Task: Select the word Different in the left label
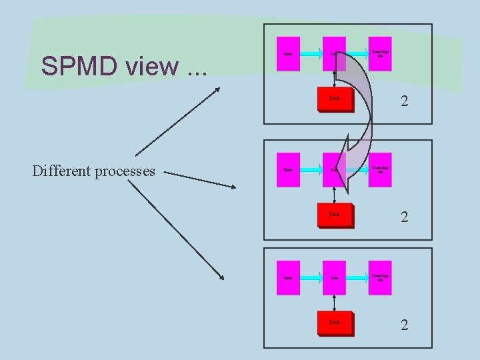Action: (62, 171)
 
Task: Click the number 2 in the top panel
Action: (404, 102)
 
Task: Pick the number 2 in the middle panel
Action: (404, 217)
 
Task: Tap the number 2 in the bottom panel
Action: (404, 325)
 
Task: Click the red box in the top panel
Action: (335, 99)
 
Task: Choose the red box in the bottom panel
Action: (335, 323)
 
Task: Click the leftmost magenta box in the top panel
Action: (289, 53)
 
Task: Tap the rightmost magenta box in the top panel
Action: (381, 53)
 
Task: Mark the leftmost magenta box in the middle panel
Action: (289, 169)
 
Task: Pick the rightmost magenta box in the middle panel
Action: (381, 169)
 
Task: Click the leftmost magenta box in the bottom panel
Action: (289, 277)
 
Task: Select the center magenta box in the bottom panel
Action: (334, 277)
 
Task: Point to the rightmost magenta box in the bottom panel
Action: (381, 277)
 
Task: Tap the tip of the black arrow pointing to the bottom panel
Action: (222, 279)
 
